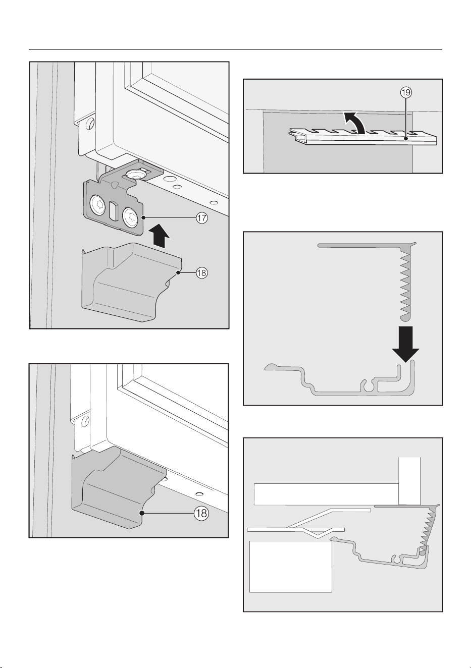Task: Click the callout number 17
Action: [202, 218]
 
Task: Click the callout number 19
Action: [406, 93]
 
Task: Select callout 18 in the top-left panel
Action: [202, 272]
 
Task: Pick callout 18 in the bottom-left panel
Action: [201, 513]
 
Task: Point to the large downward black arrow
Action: [406, 344]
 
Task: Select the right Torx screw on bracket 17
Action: [130, 215]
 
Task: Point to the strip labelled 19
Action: [363, 137]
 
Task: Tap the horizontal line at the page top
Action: [235, 50]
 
